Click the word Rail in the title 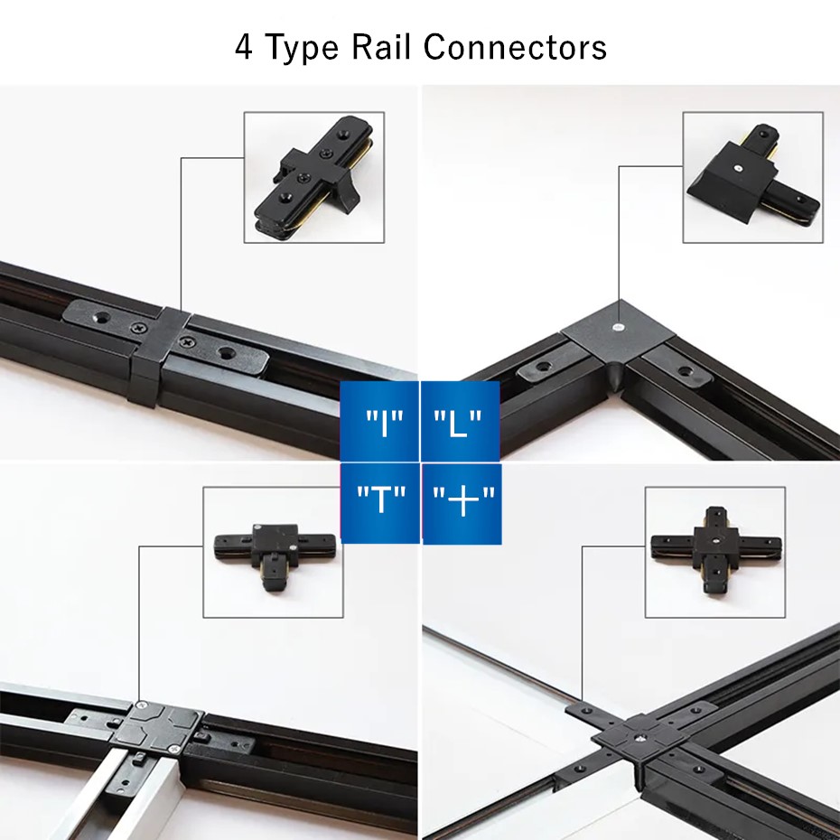(381, 47)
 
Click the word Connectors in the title (515, 47)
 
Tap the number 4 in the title (244, 47)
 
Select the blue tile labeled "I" (379, 421)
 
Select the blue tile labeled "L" (460, 421)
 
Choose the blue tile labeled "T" (380, 503)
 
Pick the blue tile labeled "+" (462, 503)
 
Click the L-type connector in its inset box (752, 176)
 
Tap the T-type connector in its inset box (275, 555)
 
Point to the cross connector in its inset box (715, 551)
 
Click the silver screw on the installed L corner (619, 326)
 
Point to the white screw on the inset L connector (738, 168)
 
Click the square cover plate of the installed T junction (157, 727)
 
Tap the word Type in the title (303, 48)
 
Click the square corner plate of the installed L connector (619, 329)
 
